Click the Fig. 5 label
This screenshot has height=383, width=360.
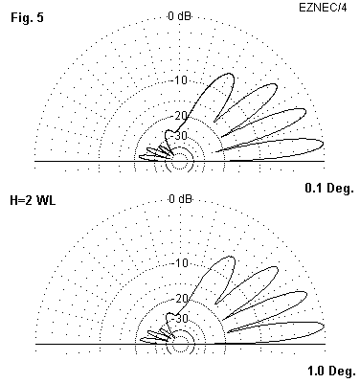(x=27, y=17)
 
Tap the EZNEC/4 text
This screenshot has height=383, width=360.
(x=323, y=8)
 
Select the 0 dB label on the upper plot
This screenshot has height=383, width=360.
(x=180, y=15)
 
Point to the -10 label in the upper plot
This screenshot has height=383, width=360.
(x=181, y=80)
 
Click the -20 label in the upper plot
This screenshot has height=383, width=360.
(x=181, y=116)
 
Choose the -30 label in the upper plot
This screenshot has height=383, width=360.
(x=179, y=136)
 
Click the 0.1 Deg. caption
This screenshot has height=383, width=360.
(x=329, y=189)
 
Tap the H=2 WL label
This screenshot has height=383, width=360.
(x=33, y=200)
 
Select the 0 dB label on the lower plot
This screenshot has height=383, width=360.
(x=181, y=199)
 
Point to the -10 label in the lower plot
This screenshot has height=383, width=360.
(x=181, y=263)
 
